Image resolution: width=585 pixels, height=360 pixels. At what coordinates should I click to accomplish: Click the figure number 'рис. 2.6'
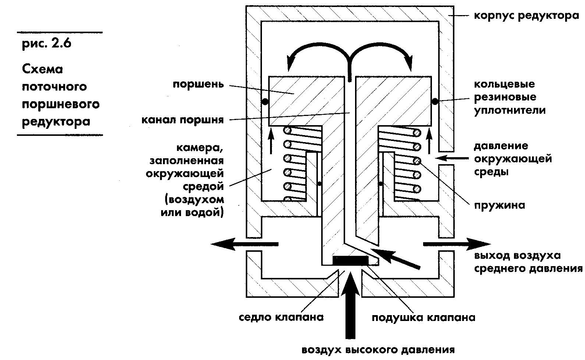point(46,43)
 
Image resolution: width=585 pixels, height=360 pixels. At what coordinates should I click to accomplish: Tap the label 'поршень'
point(198,84)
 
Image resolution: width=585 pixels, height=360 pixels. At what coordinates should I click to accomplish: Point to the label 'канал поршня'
point(182,120)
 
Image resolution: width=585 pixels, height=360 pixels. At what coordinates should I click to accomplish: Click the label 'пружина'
point(499,205)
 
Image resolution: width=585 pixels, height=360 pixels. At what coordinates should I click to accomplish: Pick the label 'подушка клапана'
point(423,317)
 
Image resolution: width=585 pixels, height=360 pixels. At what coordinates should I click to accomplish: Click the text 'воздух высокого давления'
point(378,350)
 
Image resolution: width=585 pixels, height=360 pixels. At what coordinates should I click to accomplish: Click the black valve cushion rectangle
point(350,260)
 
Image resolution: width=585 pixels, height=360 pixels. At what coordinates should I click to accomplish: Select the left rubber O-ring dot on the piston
point(264,101)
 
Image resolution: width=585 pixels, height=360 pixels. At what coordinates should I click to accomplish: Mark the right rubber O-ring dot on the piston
point(435,101)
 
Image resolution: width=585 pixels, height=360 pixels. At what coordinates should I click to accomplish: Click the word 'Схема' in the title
point(43,69)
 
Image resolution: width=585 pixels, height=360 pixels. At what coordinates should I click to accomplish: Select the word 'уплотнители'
point(510,110)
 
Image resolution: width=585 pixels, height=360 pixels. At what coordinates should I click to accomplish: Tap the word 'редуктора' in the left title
point(56,121)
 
